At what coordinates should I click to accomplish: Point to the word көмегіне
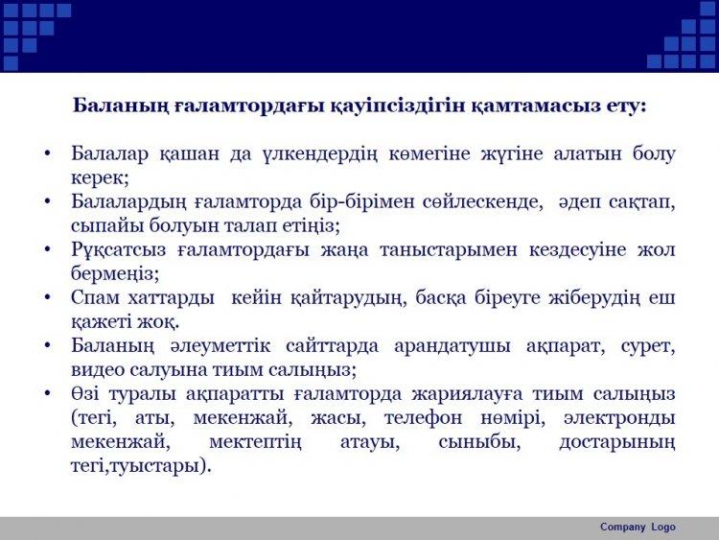pyautogui.click(x=429, y=154)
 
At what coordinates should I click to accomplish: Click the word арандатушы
pyautogui.click(x=452, y=346)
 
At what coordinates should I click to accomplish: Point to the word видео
pyautogui.click(x=97, y=370)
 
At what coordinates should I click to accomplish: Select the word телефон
pyautogui.click(x=423, y=418)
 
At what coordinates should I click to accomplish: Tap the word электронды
pyautogui.click(x=619, y=418)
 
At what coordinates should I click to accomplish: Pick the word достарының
pyautogui.click(x=617, y=442)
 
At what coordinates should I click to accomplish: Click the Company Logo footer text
pyautogui.click(x=638, y=528)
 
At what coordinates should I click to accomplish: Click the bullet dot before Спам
pyautogui.click(x=48, y=297)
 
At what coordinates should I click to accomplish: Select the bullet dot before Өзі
pyautogui.click(x=48, y=393)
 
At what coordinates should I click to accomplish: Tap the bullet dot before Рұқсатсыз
pyautogui.click(x=48, y=249)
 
